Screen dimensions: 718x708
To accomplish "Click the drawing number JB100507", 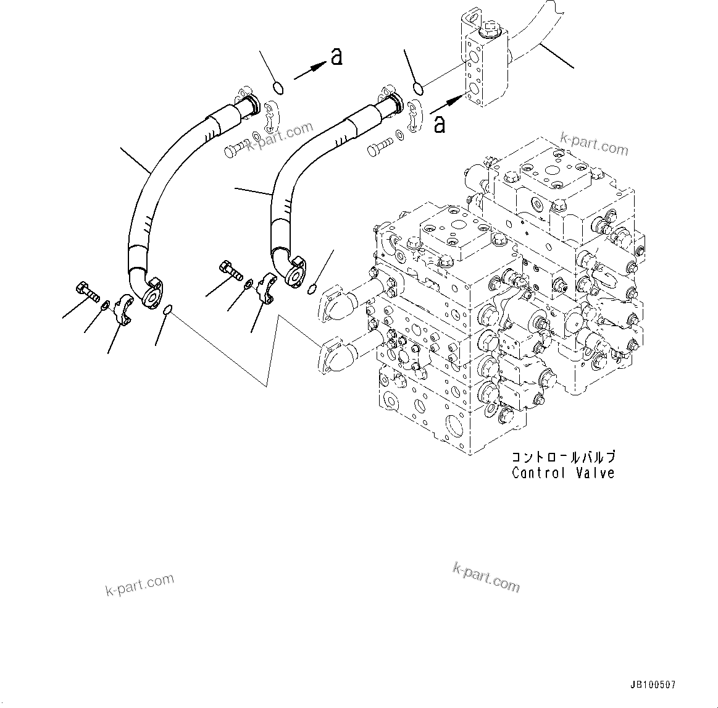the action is pos(653,685).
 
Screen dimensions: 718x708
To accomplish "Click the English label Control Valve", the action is pos(562,473).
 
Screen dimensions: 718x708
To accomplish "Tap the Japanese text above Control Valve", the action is pos(562,458).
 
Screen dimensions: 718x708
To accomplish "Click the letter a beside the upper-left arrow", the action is pos(336,57).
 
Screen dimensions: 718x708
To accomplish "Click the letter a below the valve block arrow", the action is pos(440,124).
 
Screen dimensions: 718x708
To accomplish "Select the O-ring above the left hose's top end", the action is pos(278,88).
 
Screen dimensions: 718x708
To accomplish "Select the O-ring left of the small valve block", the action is pos(418,89).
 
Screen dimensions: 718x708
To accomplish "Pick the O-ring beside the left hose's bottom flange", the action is pos(167,311).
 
